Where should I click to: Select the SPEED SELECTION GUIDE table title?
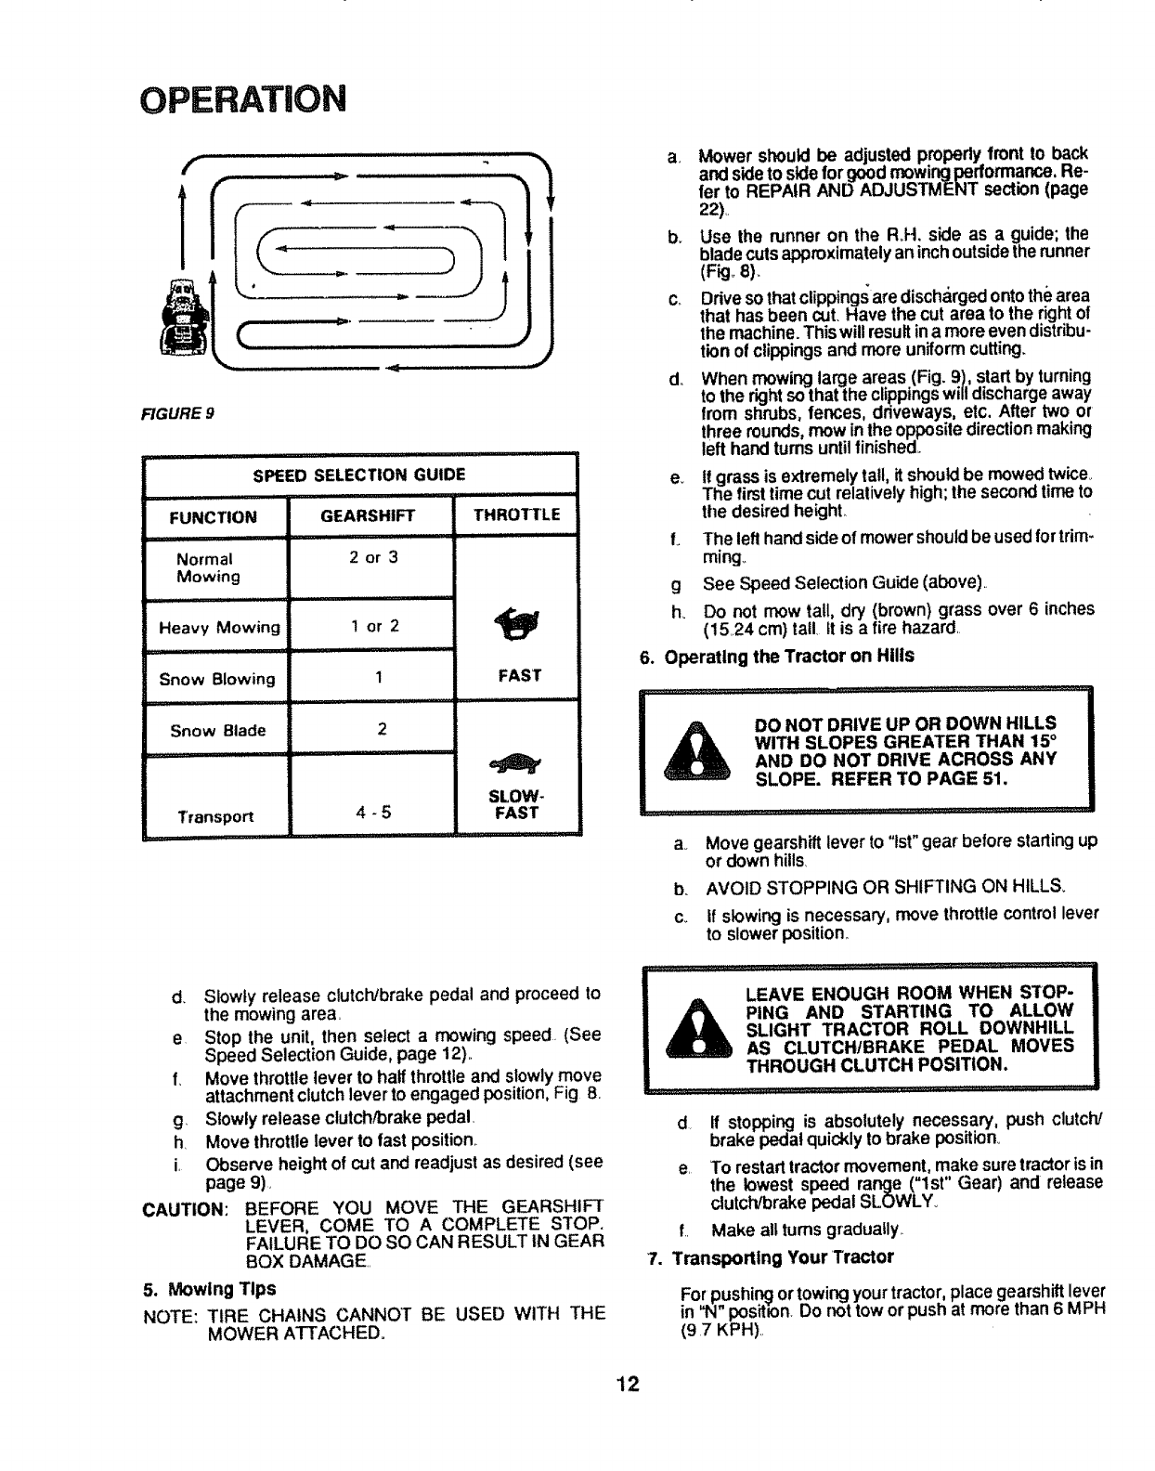pos(359,475)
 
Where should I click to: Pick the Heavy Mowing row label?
pos(219,628)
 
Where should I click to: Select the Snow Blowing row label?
pos(217,679)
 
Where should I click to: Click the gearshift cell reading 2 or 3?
pos(374,558)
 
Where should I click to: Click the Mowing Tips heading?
pos(209,1289)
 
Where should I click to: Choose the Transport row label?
pos(215,817)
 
